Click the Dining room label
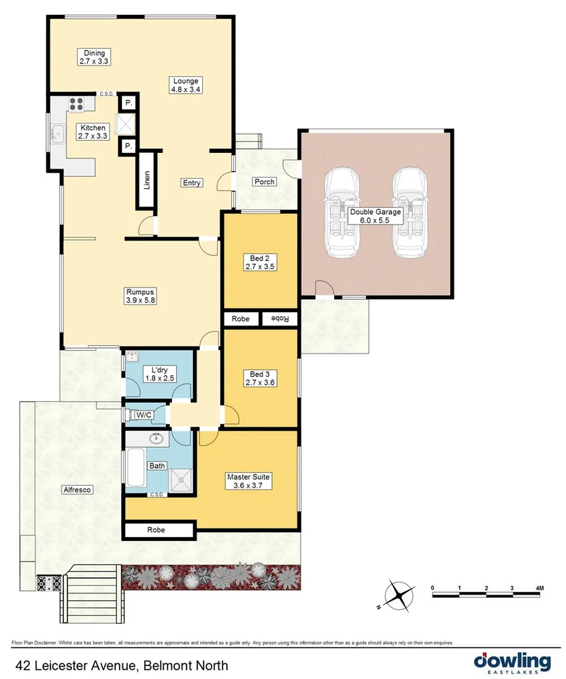93,57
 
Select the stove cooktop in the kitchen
76,104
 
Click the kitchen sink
53,137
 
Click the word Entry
191,183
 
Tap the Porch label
263,182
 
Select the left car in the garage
344,212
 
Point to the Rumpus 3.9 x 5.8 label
141,296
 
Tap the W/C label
144,415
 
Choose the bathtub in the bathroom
135,469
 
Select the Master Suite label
248,481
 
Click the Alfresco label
76,489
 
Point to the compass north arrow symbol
398,595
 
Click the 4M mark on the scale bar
539,587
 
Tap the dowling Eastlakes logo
512,662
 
